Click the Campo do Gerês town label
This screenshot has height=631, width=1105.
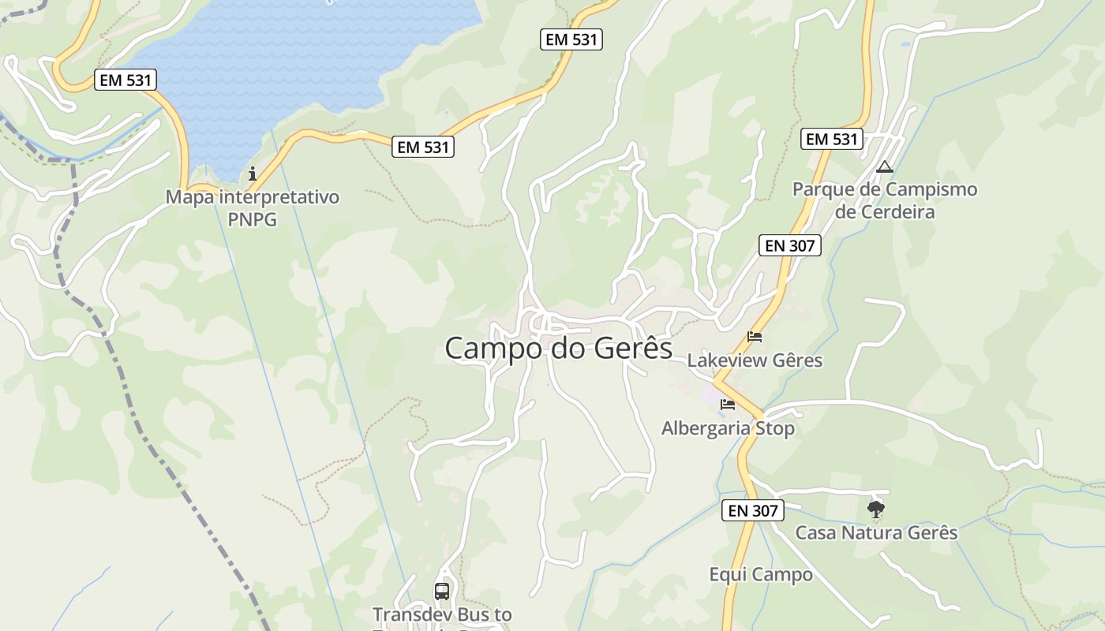pyautogui.click(x=558, y=348)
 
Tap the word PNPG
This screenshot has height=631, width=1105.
pyautogui.click(x=253, y=219)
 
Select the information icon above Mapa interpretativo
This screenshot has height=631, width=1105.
pyautogui.click(x=253, y=174)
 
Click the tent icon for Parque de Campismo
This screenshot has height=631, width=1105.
pyautogui.click(x=884, y=167)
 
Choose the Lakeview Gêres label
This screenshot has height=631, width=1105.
pyautogui.click(x=755, y=360)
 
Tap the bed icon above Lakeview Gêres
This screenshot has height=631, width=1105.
pyautogui.click(x=755, y=337)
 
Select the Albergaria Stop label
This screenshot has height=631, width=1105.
pyautogui.click(x=728, y=428)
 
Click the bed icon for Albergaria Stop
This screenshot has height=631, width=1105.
pyautogui.click(x=728, y=405)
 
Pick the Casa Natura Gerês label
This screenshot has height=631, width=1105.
pyautogui.click(x=876, y=532)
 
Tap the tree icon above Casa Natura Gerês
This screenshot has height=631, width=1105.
pyautogui.click(x=875, y=510)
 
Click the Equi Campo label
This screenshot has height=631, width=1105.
pyautogui.click(x=761, y=574)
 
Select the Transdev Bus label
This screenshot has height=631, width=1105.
pyautogui.click(x=442, y=614)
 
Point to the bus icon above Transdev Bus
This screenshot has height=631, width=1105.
pyautogui.click(x=442, y=591)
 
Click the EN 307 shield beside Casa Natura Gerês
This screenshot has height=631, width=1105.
pyautogui.click(x=753, y=511)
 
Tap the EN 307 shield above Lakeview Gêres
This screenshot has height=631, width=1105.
pyautogui.click(x=790, y=245)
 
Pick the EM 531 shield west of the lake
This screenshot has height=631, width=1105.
pyautogui.click(x=125, y=80)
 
